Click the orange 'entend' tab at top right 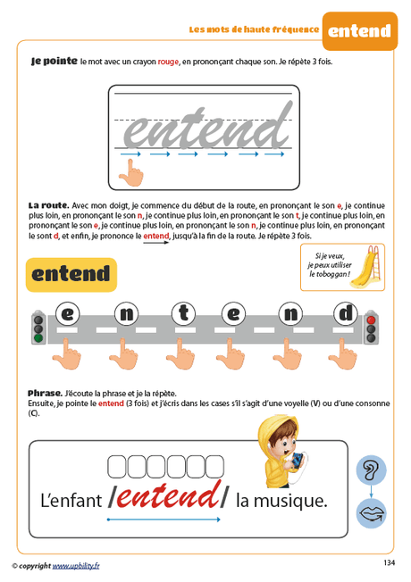pos(359,30)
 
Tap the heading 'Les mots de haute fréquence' pos(253,29)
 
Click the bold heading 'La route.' pos(47,206)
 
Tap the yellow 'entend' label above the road pos(71,274)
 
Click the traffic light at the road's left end pos(38,328)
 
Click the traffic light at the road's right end pos(371,327)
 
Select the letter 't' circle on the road pos(181,313)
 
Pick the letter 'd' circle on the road pos(346,313)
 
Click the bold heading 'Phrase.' pos(45,393)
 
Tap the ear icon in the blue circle pos(371,470)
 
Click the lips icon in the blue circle pos(371,515)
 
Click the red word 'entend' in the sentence pos(169,498)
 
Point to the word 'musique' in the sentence pos(295,501)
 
